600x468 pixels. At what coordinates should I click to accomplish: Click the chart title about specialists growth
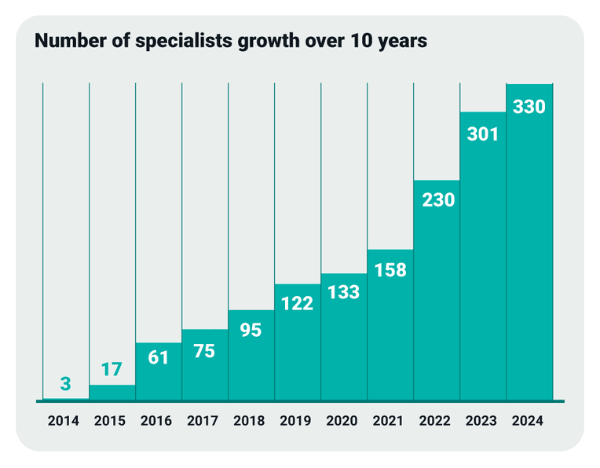(x=231, y=41)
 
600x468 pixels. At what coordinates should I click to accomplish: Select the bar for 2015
(x=112, y=393)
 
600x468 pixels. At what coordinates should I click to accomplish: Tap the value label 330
(x=529, y=107)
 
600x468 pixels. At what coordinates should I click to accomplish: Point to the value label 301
(x=483, y=134)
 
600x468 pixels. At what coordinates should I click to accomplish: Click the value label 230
(x=438, y=199)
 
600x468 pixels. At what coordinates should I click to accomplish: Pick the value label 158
(x=390, y=270)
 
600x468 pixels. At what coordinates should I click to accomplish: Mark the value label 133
(x=344, y=292)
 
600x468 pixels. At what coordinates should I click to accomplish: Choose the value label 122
(x=298, y=303)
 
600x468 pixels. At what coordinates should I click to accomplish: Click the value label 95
(x=251, y=330)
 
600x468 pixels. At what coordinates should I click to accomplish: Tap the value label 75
(x=204, y=351)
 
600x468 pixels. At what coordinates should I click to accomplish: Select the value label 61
(x=158, y=357)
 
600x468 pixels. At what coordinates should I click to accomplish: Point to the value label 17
(x=112, y=369)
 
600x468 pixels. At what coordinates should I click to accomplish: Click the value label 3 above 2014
(x=65, y=383)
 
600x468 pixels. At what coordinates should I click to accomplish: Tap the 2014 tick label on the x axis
(x=64, y=421)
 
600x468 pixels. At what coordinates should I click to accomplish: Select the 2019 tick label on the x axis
(x=295, y=421)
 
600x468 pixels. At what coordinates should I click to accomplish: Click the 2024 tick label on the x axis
(x=528, y=421)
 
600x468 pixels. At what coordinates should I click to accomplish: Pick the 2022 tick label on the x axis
(x=435, y=421)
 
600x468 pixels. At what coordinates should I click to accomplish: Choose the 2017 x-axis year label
(x=203, y=421)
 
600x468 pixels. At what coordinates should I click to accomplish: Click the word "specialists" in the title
(x=184, y=42)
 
